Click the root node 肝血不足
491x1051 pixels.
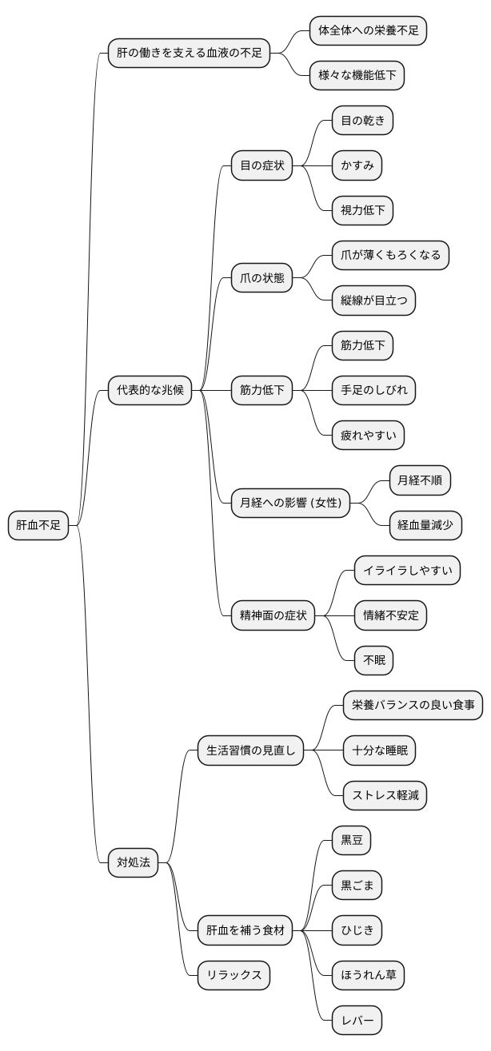click(38, 525)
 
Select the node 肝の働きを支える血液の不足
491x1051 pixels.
click(189, 54)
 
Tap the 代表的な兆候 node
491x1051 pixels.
click(150, 390)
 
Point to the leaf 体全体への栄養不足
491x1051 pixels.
click(368, 31)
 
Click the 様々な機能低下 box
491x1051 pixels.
click(357, 76)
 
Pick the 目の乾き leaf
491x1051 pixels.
click(362, 121)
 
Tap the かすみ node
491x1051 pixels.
click(357, 165)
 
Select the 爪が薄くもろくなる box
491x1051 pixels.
click(390, 256)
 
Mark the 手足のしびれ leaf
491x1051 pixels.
click(373, 390)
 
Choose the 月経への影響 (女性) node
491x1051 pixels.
click(290, 503)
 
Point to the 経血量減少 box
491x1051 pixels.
click(425, 525)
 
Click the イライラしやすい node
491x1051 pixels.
click(407, 571)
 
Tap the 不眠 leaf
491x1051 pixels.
click(373, 660)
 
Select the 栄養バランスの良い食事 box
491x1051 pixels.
click(413, 705)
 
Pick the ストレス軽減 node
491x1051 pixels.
click(385, 795)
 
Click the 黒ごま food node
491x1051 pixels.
click(357, 885)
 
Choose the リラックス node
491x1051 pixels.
click(234, 975)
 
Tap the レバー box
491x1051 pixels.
click(357, 1020)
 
